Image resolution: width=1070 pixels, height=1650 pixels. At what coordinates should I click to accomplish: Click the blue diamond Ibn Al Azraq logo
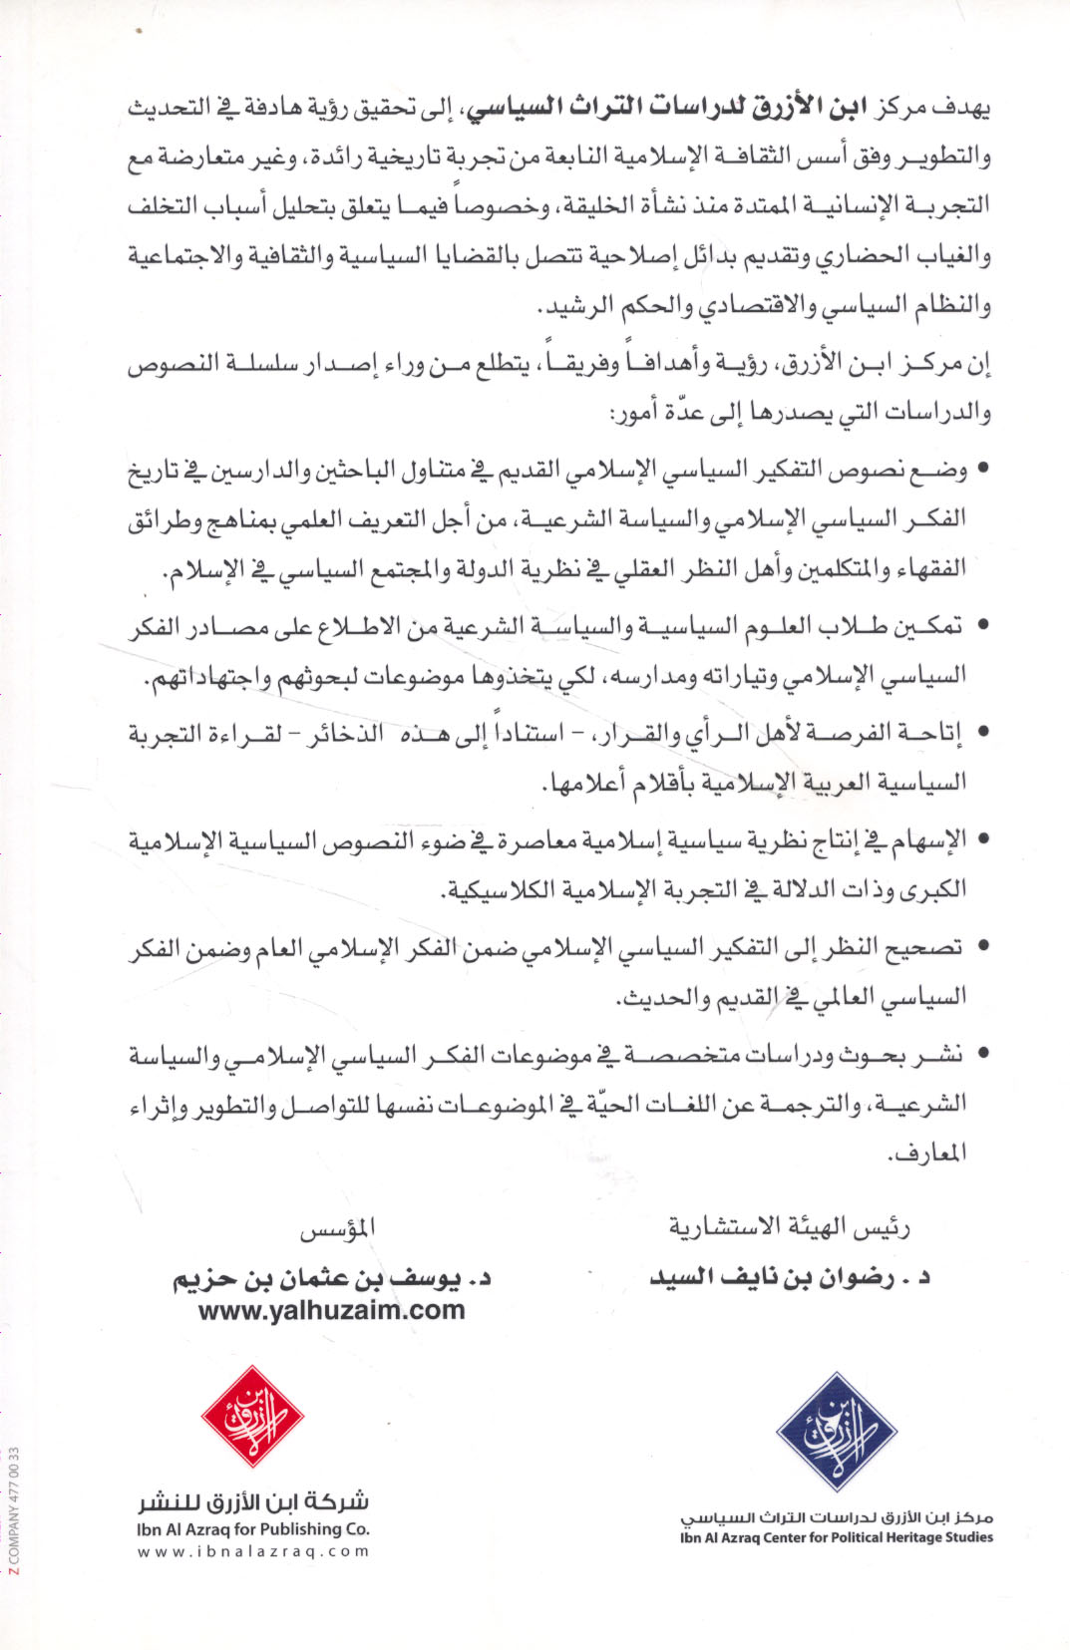click(837, 1432)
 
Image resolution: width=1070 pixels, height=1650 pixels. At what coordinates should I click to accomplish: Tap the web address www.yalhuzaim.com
click(332, 1310)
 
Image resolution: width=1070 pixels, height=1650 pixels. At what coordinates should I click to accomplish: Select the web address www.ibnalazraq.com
click(253, 1551)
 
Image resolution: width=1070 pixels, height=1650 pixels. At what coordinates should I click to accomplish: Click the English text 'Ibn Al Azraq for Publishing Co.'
click(253, 1528)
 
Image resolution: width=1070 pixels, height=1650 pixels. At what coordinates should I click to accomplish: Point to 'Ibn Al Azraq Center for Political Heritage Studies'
click(837, 1537)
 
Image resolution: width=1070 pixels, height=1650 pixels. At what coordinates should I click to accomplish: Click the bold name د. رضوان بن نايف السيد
click(790, 1277)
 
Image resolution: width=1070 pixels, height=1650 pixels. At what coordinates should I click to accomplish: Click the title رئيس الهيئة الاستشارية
click(789, 1227)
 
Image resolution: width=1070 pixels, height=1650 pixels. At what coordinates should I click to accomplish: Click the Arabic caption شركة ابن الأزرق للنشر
click(253, 1501)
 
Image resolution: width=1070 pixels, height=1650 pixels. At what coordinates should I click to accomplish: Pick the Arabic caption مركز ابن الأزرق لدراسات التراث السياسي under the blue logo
click(837, 1516)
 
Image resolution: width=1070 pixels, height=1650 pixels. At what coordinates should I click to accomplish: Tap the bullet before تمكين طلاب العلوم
click(983, 626)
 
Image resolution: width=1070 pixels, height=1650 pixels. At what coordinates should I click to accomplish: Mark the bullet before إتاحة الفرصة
click(983, 733)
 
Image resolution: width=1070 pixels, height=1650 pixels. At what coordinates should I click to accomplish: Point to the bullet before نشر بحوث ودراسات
click(983, 1053)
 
